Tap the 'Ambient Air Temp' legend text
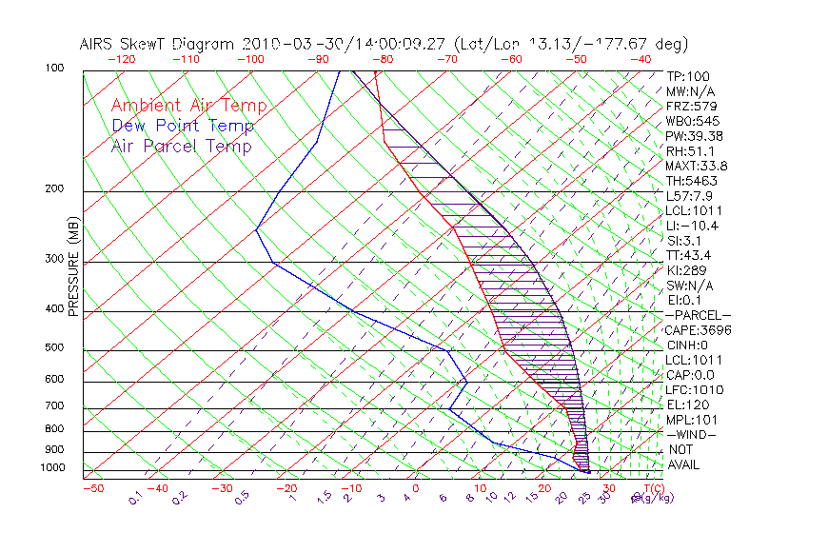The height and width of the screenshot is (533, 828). point(188,106)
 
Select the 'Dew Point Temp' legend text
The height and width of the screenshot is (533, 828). point(183,126)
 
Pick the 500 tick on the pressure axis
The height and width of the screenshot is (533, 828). point(56,348)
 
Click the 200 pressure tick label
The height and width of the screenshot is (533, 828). point(56,189)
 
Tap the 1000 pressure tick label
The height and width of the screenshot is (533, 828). point(53,468)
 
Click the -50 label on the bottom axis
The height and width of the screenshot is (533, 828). point(92,488)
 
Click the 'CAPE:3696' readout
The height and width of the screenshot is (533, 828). point(698,329)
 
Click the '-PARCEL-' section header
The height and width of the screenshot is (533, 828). point(698,315)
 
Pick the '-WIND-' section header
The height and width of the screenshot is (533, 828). point(692,434)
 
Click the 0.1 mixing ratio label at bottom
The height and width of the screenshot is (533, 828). point(136,495)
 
